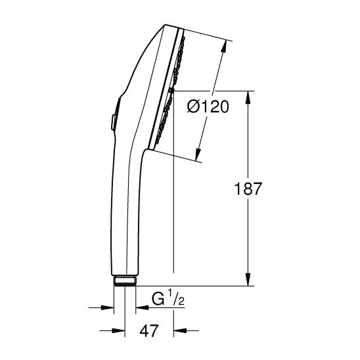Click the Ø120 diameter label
coord(208,107)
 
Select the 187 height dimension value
coord(248,189)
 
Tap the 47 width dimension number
coord(149,330)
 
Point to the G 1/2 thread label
coord(168,298)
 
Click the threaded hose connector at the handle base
coord(125,281)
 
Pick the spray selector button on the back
coord(114,123)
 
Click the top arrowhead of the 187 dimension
coord(248,98)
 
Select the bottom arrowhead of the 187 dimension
coord(248,279)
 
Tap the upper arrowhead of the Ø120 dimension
coord(224,47)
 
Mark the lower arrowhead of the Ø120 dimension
coord(197,154)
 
